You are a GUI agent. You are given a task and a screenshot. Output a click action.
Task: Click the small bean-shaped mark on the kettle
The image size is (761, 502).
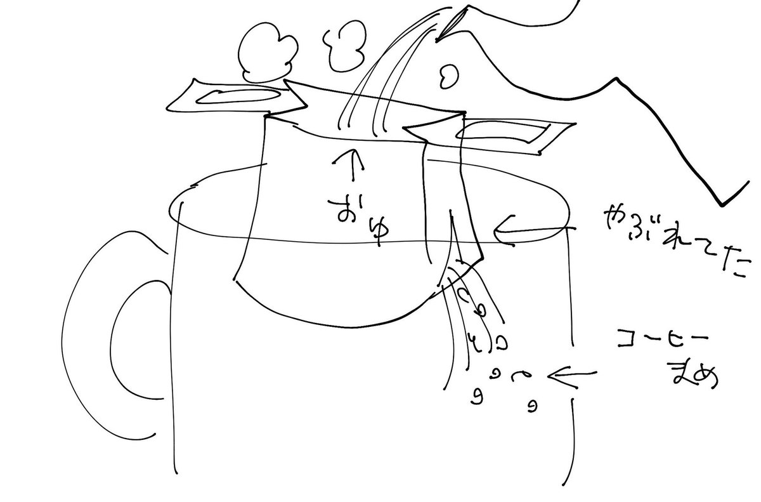[448, 76]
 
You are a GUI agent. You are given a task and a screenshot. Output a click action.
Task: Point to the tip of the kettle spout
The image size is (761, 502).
[436, 41]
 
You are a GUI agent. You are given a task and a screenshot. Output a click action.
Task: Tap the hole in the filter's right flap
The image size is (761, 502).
[503, 133]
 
